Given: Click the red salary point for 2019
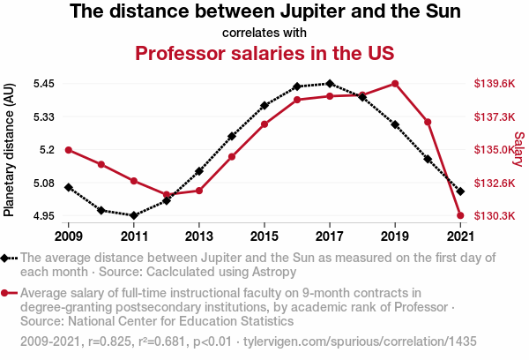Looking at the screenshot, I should coord(395,84).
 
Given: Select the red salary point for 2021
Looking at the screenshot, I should coord(460,215).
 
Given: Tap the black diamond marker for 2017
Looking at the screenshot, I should coord(330,84).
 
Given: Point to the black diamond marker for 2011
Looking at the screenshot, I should coord(134,215).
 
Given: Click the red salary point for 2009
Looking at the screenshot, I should coord(69,150).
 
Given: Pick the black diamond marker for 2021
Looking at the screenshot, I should coord(460,191).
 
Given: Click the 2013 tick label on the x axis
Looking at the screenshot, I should coord(199,236).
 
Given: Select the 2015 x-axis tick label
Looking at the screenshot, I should coord(264,236).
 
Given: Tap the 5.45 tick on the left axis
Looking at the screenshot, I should coord(42,84).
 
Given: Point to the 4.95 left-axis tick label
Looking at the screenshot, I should coord(42,215).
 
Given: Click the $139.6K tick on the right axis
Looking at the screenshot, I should coord(494,84).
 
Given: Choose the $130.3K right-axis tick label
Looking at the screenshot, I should coord(494,215).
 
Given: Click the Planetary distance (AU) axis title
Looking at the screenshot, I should coord(10,150).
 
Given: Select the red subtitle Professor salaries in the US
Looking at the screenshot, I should coord(264,53).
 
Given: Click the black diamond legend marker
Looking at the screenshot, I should coord(6,258).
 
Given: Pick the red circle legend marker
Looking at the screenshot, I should coord(6,294).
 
